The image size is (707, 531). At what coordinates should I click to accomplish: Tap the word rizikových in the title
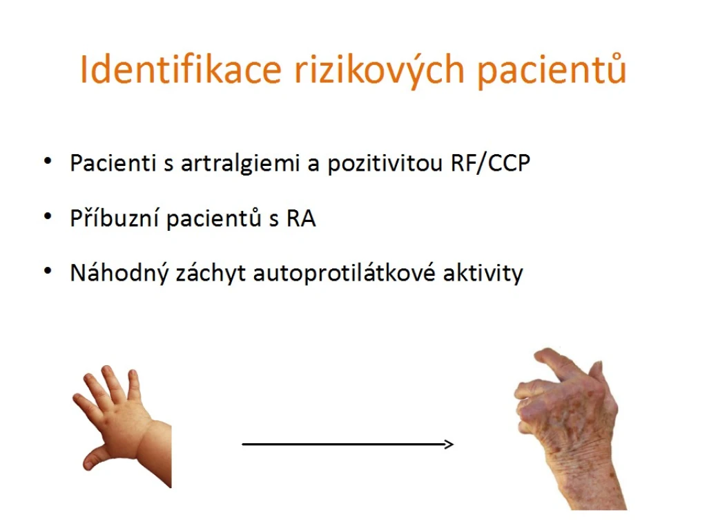[380, 71]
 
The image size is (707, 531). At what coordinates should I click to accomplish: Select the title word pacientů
[552, 71]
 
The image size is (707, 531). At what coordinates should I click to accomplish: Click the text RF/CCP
[490, 163]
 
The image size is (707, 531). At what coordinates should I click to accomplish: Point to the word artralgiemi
[240, 164]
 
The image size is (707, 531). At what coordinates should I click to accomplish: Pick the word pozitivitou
[385, 164]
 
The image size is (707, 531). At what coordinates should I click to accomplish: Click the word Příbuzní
[114, 218]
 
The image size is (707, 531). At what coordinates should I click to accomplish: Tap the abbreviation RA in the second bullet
[301, 219]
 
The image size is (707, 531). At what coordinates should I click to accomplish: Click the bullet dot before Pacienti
[48, 161]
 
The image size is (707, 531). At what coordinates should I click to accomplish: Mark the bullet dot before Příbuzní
[48, 216]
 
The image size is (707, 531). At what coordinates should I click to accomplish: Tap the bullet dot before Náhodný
[48, 271]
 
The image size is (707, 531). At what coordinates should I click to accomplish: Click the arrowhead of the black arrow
[449, 445]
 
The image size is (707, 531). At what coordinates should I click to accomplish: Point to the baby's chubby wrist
[154, 451]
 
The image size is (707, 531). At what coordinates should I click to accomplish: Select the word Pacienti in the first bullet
[113, 163]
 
